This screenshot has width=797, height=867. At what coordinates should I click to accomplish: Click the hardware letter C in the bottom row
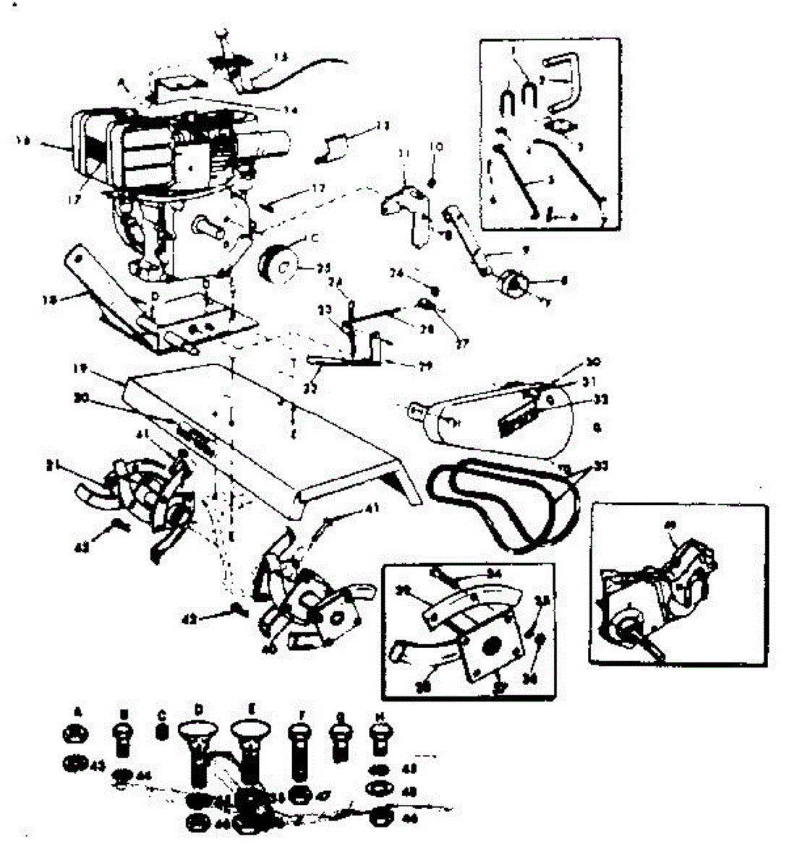(x=161, y=715)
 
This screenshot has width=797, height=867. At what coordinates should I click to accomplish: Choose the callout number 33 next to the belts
(x=600, y=466)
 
